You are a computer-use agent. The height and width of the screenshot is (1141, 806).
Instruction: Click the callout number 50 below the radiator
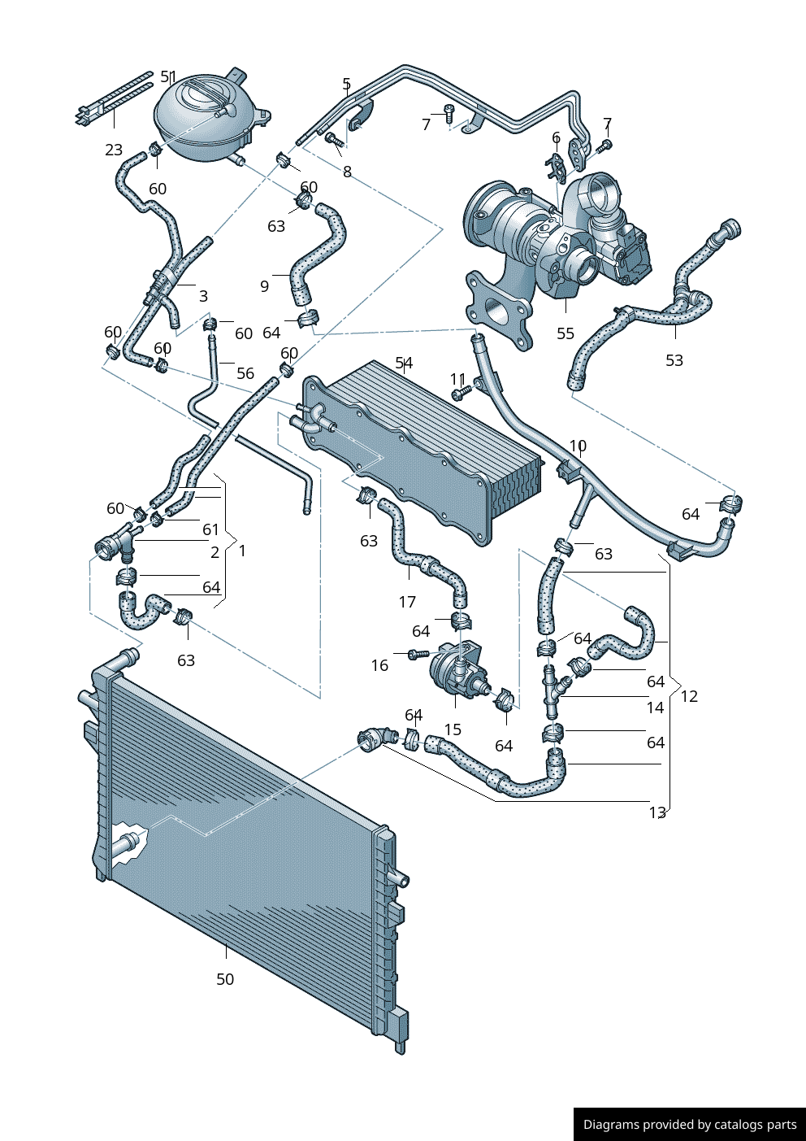click(x=225, y=979)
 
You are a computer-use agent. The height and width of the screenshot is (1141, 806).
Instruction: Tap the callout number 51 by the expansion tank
click(x=168, y=77)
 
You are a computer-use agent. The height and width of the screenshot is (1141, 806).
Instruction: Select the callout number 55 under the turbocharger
click(x=565, y=333)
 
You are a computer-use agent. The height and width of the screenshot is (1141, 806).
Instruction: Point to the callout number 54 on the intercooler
click(x=404, y=363)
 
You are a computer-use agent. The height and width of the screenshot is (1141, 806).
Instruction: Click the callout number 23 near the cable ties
click(x=114, y=150)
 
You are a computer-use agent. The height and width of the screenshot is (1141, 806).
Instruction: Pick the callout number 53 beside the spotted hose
click(x=674, y=360)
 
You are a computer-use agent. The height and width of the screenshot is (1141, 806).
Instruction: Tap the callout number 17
click(x=407, y=602)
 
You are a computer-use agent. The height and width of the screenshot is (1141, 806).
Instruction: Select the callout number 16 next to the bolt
click(x=379, y=665)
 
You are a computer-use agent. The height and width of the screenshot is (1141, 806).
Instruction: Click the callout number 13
click(x=657, y=812)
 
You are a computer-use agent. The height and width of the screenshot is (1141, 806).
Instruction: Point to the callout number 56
click(x=245, y=373)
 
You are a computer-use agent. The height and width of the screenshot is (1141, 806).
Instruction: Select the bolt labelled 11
click(x=461, y=394)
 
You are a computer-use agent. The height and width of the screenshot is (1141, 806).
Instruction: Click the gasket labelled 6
click(x=557, y=163)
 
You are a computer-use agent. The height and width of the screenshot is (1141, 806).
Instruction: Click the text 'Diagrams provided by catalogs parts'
click(x=690, y=1125)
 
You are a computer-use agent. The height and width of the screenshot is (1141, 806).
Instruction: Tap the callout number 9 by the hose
click(x=264, y=286)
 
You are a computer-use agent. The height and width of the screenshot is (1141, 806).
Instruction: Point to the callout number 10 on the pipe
click(x=578, y=446)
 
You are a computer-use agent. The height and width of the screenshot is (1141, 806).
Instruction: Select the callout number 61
click(x=210, y=529)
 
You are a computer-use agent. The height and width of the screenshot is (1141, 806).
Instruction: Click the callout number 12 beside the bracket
click(x=689, y=696)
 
